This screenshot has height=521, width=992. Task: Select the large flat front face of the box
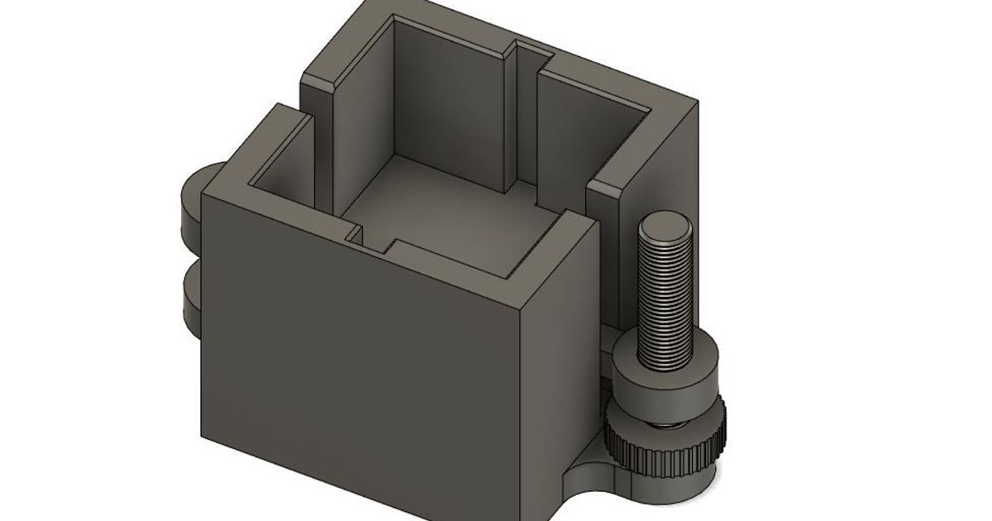click(355, 364)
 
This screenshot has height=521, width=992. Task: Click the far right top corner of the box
click(696, 103)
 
